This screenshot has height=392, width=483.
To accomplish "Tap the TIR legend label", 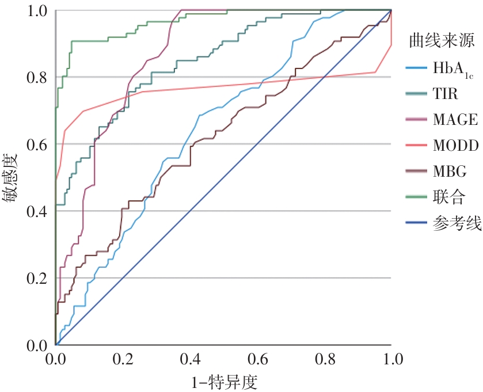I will click(447, 95).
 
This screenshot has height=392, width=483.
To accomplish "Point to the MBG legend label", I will click(450, 172).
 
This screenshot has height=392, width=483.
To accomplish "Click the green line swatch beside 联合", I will click(419, 198).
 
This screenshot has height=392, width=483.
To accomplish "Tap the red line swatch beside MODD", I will click(419, 146).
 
